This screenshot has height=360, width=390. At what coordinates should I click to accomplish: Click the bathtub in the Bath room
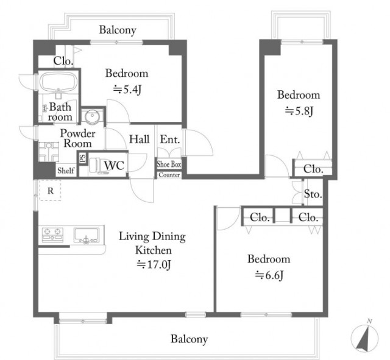pos(58,82)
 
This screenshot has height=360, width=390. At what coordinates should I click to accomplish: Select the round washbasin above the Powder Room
pos(92,116)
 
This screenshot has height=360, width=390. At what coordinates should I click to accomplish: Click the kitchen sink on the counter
pos(87,235)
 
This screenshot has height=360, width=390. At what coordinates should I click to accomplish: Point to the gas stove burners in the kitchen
pos(52,235)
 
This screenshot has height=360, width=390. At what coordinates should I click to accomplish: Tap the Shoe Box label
pos(169,164)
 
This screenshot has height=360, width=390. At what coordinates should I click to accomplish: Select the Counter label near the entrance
pos(169,175)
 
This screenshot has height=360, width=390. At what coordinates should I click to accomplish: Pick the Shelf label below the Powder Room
pos(66,171)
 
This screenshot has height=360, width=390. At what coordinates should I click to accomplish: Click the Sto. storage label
pos(313,194)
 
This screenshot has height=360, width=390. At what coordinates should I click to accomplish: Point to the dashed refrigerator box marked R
pos(51,190)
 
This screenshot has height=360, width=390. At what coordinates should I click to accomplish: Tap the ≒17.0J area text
pos(154,264)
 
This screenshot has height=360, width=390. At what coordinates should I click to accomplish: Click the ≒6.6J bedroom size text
pos(269,275)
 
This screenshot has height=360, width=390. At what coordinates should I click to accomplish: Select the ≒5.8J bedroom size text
pos(299,111)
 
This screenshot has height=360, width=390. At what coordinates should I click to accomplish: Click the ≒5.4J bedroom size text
pos(127,90)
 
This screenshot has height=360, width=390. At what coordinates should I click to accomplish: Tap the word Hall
pos(140,139)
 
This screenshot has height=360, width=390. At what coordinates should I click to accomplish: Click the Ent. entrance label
pos(170,139)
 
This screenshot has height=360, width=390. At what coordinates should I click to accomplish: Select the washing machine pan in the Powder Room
pos(49,152)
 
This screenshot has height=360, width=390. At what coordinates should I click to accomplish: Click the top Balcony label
pos(118,30)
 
